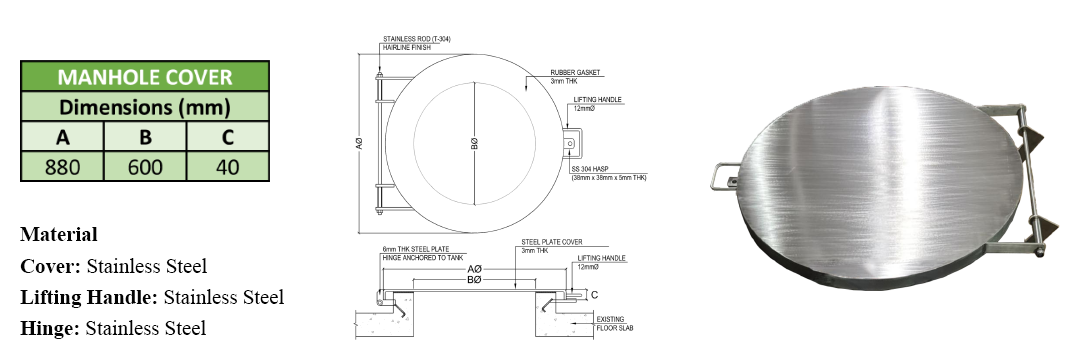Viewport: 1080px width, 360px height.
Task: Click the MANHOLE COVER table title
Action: [145, 76]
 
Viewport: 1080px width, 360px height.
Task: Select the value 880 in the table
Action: [62, 167]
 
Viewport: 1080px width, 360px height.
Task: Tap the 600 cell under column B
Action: [145, 167]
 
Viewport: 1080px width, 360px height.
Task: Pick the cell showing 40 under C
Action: [227, 167]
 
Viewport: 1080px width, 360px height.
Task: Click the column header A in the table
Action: [62, 137]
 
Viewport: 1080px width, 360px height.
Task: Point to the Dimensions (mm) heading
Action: [145, 107]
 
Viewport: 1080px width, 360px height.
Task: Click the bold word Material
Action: [59, 234]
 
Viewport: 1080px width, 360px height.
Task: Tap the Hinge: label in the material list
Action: [50, 328]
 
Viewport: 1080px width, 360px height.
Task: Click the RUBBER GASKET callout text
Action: [575, 72]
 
